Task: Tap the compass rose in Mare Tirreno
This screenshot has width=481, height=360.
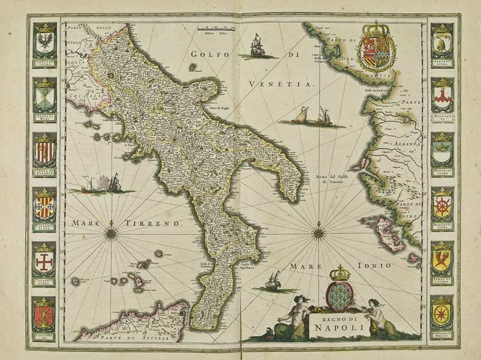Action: point(112,230)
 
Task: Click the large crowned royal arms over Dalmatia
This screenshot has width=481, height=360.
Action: point(376,48)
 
